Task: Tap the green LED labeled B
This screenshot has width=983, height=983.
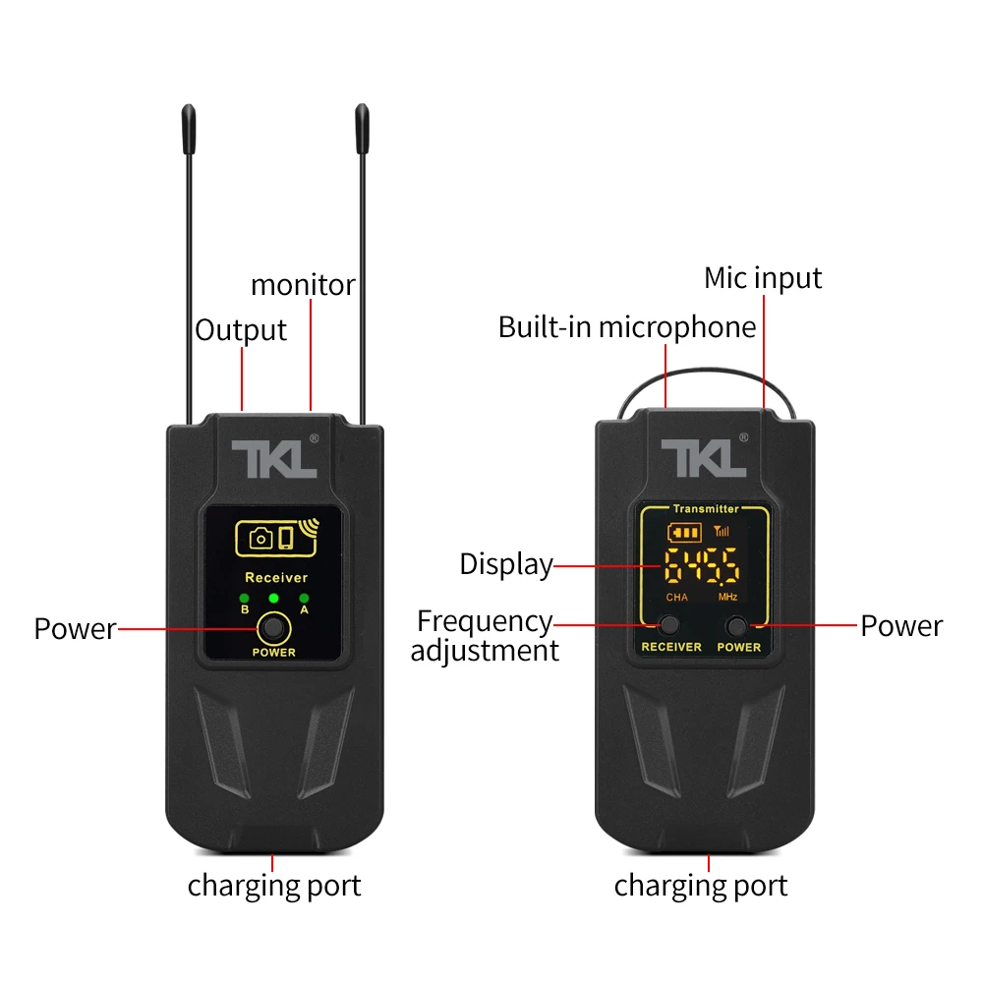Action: click(x=244, y=598)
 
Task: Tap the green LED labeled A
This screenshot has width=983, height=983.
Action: click(x=304, y=598)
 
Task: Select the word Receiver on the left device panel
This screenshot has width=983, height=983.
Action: click(x=276, y=578)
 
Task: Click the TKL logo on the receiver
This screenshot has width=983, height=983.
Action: click(x=273, y=459)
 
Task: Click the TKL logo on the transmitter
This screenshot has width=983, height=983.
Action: click(x=705, y=459)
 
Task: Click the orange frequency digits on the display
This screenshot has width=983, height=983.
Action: click(x=702, y=567)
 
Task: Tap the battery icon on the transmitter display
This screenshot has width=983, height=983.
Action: click(x=684, y=533)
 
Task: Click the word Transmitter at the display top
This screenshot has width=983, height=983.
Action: click(x=705, y=509)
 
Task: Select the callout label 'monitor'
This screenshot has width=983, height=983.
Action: click(x=303, y=285)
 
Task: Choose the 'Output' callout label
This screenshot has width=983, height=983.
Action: click(x=241, y=330)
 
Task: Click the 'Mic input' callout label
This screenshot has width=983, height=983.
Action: click(x=763, y=278)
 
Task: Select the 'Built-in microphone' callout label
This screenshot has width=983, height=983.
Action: click(x=627, y=327)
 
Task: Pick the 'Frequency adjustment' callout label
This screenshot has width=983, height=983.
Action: click(x=485, y=635)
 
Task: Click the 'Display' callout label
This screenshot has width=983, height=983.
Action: click(x=506, y=564)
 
